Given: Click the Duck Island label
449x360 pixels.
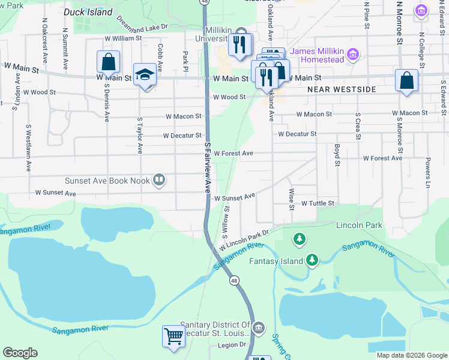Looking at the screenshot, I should (88, 12).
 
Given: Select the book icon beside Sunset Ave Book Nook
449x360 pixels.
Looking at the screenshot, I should (159, 179).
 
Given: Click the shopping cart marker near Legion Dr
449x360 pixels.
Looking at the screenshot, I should (173, 336).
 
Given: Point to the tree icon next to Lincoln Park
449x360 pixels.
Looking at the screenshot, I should (299, 240).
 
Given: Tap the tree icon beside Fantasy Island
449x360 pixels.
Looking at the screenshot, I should (312, 259).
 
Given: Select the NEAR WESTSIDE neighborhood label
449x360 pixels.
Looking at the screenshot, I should (342, 89).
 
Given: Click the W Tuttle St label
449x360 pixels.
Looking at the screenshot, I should (318, 204).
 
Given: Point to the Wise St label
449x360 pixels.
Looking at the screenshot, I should (292, 199).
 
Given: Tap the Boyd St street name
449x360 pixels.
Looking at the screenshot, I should (337, 155).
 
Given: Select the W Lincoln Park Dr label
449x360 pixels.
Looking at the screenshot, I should (243, 238).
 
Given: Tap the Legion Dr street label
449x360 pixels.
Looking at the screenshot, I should (232, 345).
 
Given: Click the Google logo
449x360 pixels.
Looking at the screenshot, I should (20, 353).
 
